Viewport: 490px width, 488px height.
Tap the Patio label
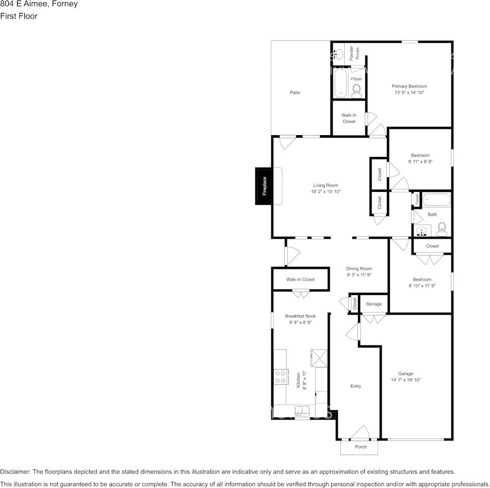click(x=295, y=92)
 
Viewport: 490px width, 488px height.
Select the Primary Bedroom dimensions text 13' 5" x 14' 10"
click(x=409, y=92)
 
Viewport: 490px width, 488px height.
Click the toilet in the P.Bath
click(x=356, y=92)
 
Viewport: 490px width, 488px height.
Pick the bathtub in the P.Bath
click(x=341, y=83)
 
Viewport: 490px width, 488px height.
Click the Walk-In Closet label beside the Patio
click(x=349, y=118)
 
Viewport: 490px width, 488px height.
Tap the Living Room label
click(x=325, y=185)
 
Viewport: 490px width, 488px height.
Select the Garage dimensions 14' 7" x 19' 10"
click(x=406, y=380)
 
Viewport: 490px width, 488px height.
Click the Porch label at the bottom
click(x=361, y=447)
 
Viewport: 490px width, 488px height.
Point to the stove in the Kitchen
click(x=281, y=377)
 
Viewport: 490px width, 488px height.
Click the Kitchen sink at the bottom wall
click(x=301, y=411)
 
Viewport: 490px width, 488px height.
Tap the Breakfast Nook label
click(x=300, y=316)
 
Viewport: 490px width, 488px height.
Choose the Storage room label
click(x=374, y=304)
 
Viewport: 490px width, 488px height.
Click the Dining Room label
click(x=359, y=268)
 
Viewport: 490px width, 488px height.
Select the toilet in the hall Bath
click(x=442, y=227)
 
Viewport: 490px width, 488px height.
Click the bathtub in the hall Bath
click(x=436, y=199)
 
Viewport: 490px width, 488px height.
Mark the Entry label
click(x=356, y=386)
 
